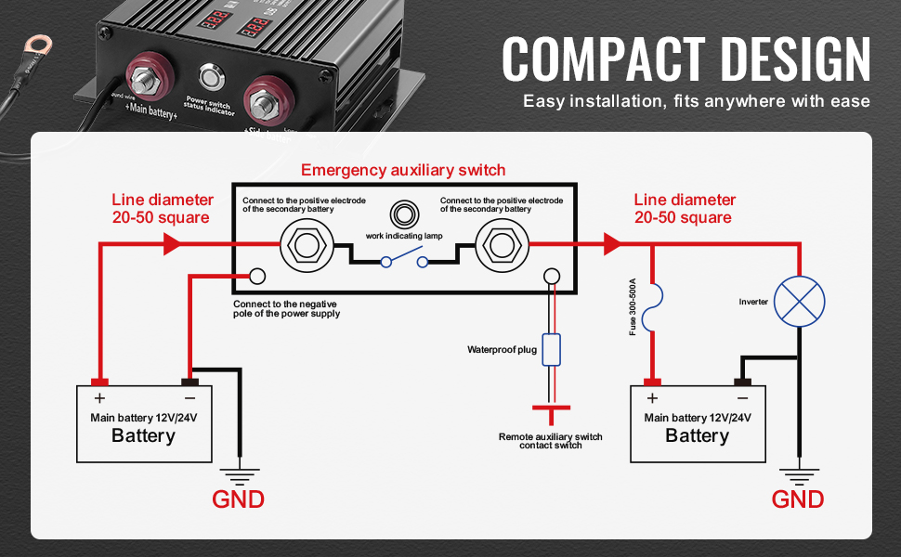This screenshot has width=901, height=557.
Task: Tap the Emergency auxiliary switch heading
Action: pos(403,170)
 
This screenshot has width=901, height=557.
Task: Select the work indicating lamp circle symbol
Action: pos(403,214)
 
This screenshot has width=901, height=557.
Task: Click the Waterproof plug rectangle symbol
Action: pos(551,350)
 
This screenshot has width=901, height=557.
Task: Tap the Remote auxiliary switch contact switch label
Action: pos(551,441)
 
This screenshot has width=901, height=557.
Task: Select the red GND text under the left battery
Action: pos(239,499)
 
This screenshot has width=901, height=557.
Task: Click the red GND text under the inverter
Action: pos(798,499)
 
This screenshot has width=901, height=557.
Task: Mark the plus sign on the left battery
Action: pos(99,398)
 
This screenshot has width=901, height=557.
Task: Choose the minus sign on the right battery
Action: pos(742,398)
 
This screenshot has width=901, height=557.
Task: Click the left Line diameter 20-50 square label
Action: pos(163,209)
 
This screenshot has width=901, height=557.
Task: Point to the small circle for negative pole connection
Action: pos(256,276)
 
